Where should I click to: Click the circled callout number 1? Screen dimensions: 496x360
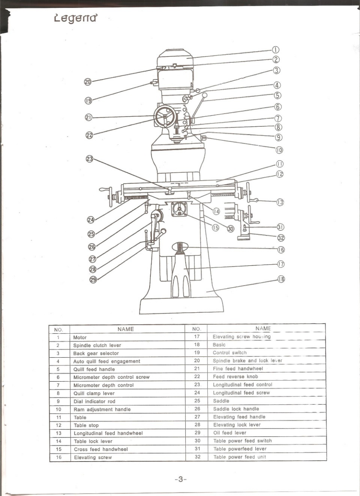(x=275, y=50)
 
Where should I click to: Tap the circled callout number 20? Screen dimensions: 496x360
(x=88, y=81)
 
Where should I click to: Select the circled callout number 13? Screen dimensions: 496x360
(x=280, y=202)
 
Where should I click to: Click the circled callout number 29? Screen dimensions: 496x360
(x=93, y=280)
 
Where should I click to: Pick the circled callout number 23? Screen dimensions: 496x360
(x=90, y=158)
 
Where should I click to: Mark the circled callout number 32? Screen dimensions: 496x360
(x=281, y=237)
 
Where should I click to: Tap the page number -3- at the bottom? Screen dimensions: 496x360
(x=181, y=479)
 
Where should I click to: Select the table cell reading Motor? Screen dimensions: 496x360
(x=80, y=338)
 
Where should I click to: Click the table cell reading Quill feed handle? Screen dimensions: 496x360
(x=89, y=369)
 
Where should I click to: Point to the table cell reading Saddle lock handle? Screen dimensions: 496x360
(x=236, y=409)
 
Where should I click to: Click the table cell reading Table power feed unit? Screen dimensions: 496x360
(x=239, y=457)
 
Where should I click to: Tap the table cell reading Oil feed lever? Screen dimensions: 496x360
(x=229, y=433)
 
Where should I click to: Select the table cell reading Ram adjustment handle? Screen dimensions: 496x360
(x=102, y=409)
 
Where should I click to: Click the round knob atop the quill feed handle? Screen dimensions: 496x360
(x=205, y=95)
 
